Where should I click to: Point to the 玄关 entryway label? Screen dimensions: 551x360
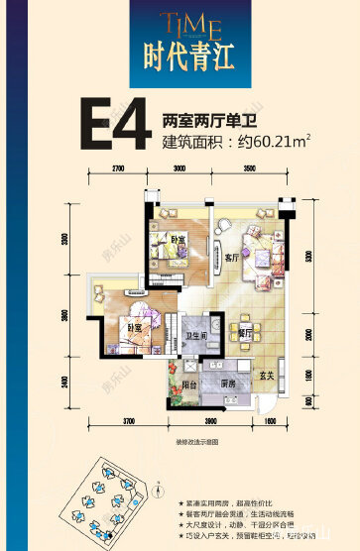coord(267,375)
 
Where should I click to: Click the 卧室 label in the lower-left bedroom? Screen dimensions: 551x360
coord(132,328)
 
